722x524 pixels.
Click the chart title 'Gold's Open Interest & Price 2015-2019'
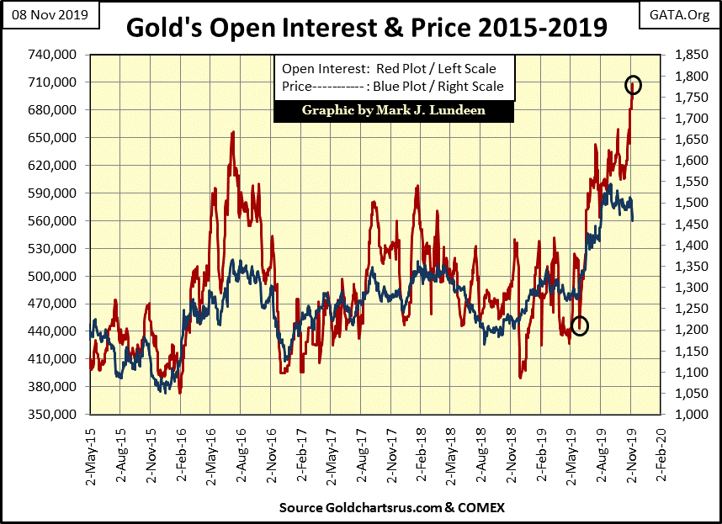pos(365,27)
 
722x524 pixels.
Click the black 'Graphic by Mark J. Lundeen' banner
pos(393,111)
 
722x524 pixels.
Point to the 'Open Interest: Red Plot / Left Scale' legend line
pos(389,69)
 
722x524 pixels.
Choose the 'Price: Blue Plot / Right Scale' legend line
pos(392,86)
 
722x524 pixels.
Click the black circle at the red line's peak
pos(634,84)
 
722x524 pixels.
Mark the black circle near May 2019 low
pos(580,325)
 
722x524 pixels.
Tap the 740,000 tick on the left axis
pos(52,55)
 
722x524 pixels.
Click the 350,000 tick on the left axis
pos(52,415)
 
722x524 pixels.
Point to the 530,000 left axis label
pos(52,249)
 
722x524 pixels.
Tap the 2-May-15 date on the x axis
pos(89,447)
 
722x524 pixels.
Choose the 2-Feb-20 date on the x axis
pos(662,447)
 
